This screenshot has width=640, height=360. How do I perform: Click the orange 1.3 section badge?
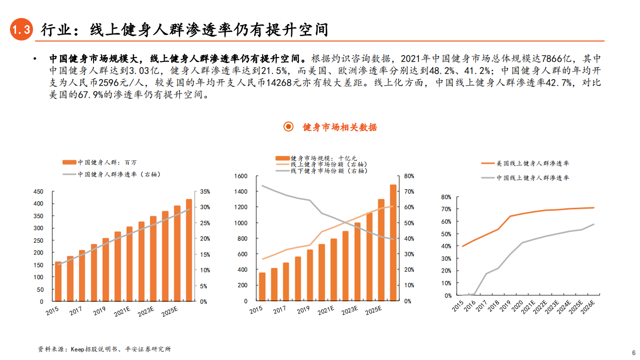(x=22, y=30)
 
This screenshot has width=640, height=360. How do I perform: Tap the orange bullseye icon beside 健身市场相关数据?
(x=288, y=127)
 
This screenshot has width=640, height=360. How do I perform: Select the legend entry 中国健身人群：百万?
(x=100, y=162)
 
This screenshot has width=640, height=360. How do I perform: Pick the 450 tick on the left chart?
(x=38, y=192)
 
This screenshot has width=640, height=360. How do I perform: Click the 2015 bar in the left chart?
(x=58, y=281)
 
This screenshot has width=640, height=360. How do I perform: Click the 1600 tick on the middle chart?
(x=241, y=176)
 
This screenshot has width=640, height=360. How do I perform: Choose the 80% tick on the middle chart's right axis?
(x=409, y=176)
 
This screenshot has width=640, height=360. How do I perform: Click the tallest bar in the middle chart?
(x=393, y=243)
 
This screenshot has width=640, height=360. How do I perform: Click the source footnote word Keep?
(x=79, y=349)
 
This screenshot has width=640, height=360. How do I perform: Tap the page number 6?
(x=633, y=351)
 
